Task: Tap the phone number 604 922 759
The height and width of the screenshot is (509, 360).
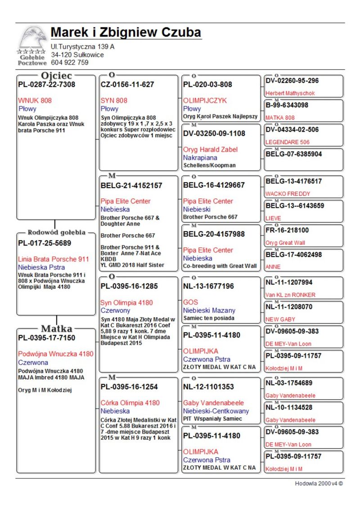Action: coord(70,63)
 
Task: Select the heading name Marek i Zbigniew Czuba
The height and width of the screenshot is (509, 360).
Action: coord(126,32)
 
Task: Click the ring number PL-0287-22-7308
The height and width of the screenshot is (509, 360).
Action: coord(46,85)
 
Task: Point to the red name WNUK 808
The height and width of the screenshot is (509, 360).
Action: coord(35,100)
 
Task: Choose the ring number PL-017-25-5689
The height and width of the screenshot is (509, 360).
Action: coord(45,243)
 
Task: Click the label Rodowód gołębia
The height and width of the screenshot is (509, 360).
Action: coord(57,233)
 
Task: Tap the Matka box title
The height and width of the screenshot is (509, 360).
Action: coord(57,328)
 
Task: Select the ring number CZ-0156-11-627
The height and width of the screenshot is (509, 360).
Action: coord(127,85)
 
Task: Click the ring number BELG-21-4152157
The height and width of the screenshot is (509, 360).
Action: coord(131,185)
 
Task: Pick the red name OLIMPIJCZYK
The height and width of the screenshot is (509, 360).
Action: coord(205,100)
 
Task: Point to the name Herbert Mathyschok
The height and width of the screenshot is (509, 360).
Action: coord(290,93)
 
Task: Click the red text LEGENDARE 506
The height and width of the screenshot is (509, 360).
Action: coord(288,142)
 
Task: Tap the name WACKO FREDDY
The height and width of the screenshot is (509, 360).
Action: coord(288,194)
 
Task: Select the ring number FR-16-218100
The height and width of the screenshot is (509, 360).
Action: coord(287,230)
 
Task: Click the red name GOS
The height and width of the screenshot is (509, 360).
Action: coord(190,302)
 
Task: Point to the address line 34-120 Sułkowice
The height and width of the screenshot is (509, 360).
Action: coord(77,55)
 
